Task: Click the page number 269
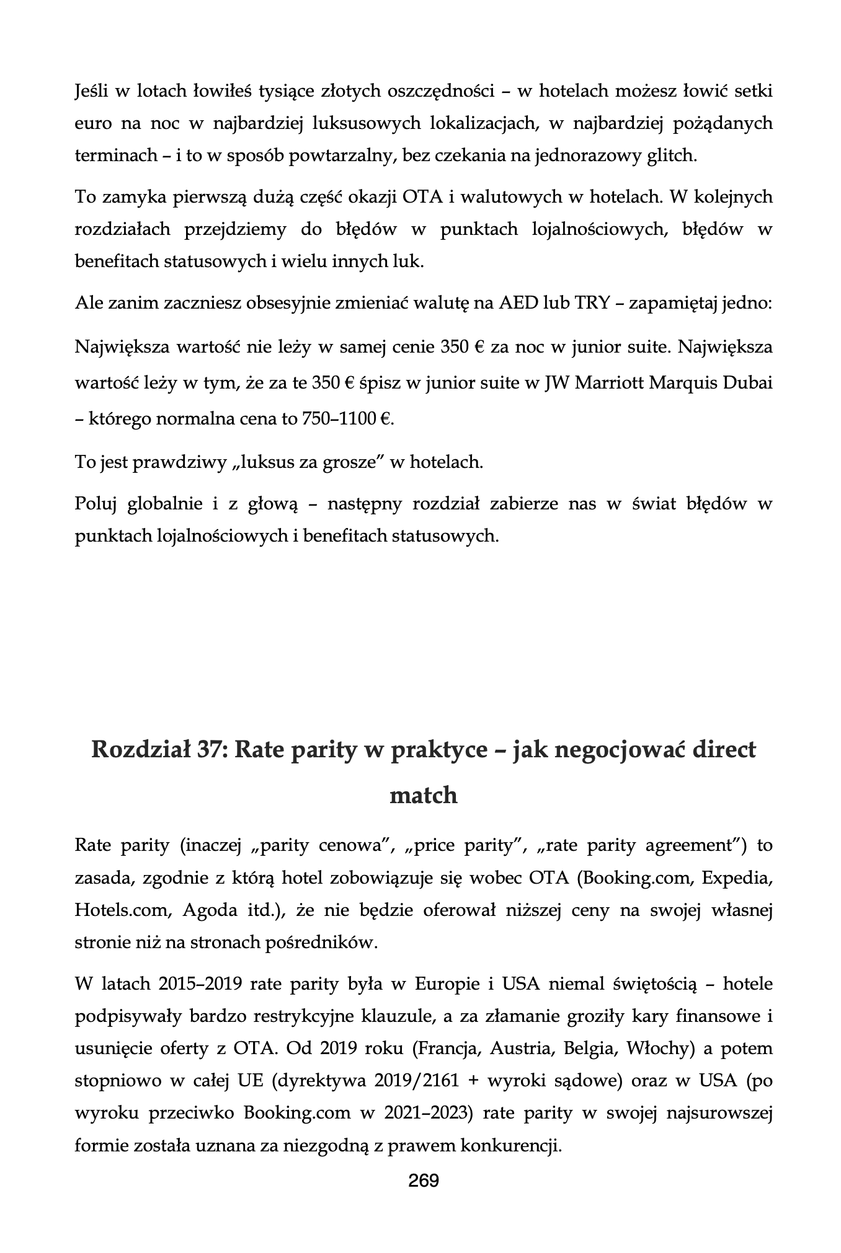point(424,1180)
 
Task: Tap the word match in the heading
point(423,795)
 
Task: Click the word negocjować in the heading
point(610,750)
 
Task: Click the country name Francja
point(448,1049)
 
